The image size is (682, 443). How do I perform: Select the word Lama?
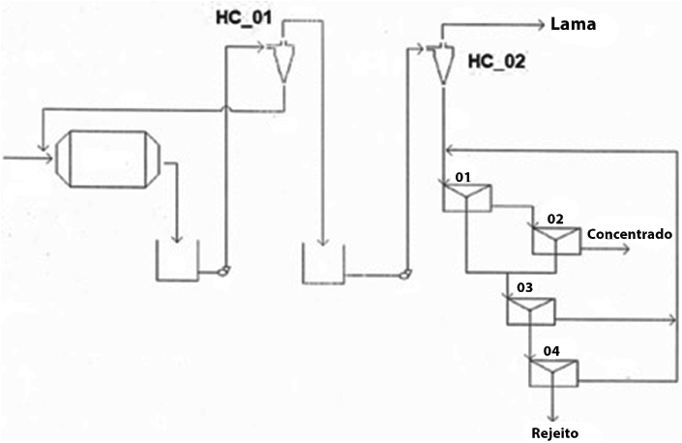click(571, 24)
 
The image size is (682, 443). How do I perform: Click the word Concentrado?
click(629, 234)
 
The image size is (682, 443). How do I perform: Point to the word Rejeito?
click(557, 431)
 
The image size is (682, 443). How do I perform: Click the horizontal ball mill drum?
click(106, 158)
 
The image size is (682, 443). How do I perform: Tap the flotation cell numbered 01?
click(466, 197)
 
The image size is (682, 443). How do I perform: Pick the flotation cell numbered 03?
click(529, 310)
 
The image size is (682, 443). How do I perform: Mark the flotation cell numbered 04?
click(551, 370)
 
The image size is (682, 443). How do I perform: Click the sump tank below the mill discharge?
click(178, 260)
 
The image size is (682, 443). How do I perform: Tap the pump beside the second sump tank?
click(401, 274)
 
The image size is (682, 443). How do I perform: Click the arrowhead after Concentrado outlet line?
click(626, 249)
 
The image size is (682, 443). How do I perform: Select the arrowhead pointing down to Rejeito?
click(550, 416)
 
